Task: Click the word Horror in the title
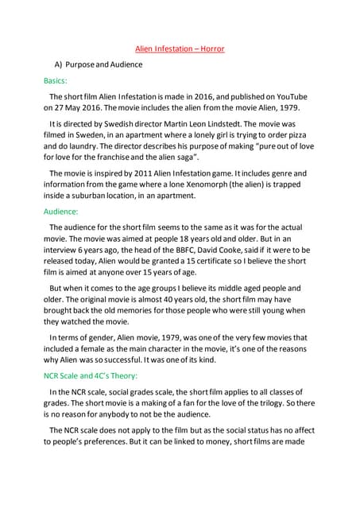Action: [211, 49]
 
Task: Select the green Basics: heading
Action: [56, 80]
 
